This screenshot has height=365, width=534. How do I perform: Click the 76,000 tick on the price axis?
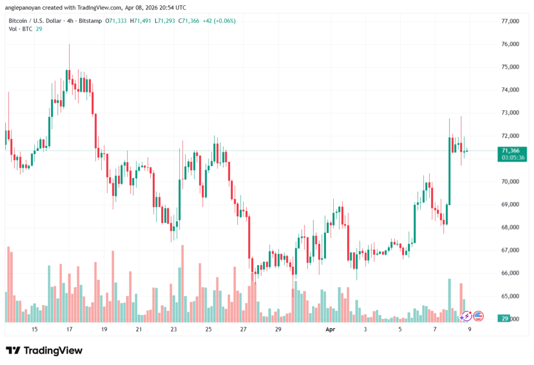click(510, 44)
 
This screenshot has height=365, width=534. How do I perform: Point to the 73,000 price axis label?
click(510, 113)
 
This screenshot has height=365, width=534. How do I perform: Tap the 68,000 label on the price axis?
click(510, 227)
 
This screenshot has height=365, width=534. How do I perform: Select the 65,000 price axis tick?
click(510, 296)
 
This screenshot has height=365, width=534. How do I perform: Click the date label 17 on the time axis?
click(69, 329)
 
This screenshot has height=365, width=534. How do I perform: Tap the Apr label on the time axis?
click(330, 329)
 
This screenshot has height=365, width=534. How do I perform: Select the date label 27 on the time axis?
click(243, 329)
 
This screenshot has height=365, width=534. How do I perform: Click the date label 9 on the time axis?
click(469, 329)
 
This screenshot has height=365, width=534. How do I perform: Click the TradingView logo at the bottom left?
click(44, 350)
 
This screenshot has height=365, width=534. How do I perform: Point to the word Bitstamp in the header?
click(90, 21)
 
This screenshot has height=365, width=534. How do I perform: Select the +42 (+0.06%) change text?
click(217, 21)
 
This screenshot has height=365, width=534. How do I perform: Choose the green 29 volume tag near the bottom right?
click(504, 319)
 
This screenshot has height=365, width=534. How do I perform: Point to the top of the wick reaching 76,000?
click(69, 45)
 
